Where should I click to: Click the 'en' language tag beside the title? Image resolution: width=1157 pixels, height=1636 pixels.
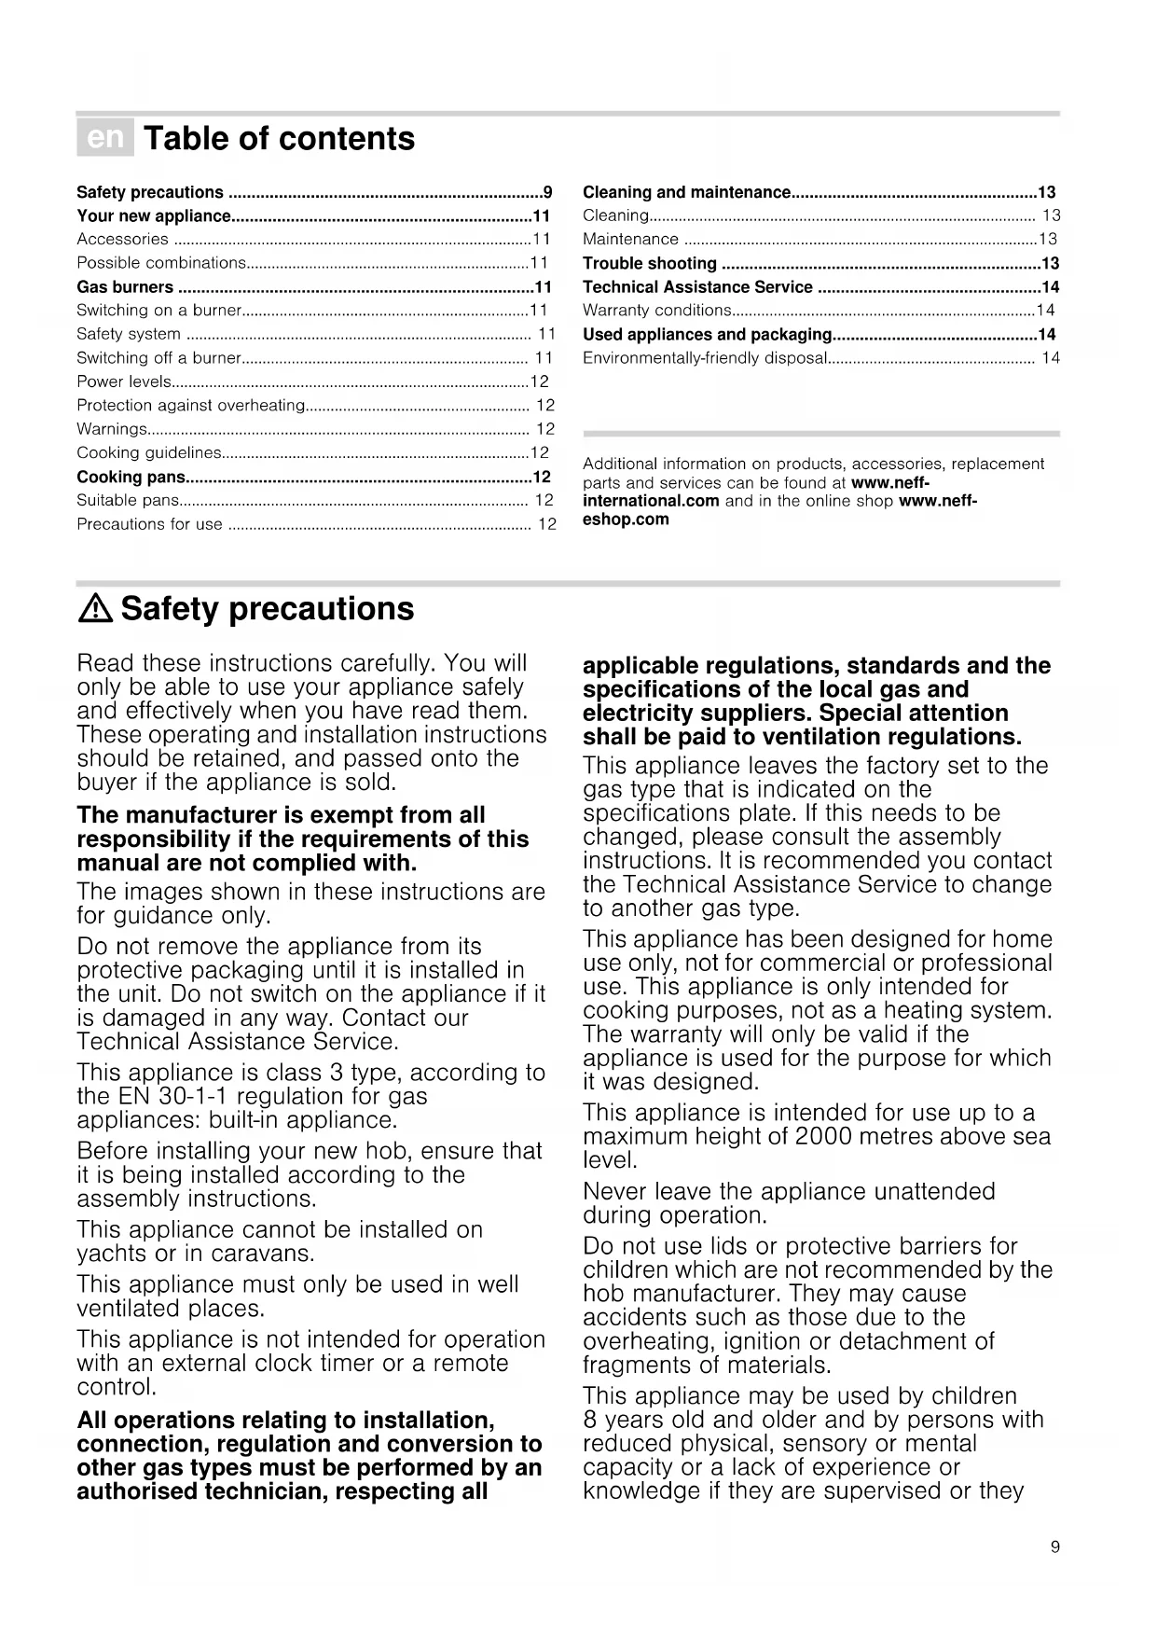pyautogui.click(x=105, y=138)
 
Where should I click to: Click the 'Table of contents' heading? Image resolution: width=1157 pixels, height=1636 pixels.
pyautogui.click(x=279, y=138)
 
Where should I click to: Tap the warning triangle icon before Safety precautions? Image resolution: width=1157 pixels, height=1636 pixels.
pyautogui.click(x=95, y=609)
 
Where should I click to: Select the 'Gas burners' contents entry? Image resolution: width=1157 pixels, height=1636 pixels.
pyautogui.click(x=125, y=287)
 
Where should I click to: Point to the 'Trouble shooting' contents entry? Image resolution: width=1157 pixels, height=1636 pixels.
pyautogui.click(x=650, y=264)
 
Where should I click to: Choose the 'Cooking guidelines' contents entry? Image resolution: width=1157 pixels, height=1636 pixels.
pyautogui.click(x=149, y=453)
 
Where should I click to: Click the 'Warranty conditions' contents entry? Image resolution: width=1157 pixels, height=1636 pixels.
pyautogui.click(x=657, y=311)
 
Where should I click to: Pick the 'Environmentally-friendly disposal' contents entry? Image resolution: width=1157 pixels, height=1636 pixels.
pyautogui.click(x=705, y=358)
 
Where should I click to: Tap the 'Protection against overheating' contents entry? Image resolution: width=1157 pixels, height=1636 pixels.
pyautogui.click(x=191, y=406)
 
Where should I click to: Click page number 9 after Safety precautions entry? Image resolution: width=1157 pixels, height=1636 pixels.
pyautogui.click(x=548, y=193)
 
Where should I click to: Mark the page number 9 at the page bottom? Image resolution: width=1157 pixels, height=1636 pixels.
pyautogui.click(x=1054, y=1547)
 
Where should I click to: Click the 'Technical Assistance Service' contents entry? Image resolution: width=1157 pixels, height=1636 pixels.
pyautogui.click(x=697, y=287)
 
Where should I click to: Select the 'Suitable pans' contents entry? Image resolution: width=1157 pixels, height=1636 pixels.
pyautogui.click(x=128, y=501)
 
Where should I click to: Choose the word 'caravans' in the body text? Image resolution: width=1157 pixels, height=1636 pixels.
pyautogui.click(x=263, y=1254)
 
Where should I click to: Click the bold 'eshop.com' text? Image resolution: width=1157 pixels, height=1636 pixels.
pyautogui.click(x=626, y=520)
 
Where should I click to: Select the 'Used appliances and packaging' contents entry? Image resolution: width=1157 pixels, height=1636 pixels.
pyautogui.click(x=707, y=335)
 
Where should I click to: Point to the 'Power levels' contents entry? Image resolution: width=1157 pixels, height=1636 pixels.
pyautogui.click(x=124, y=382)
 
